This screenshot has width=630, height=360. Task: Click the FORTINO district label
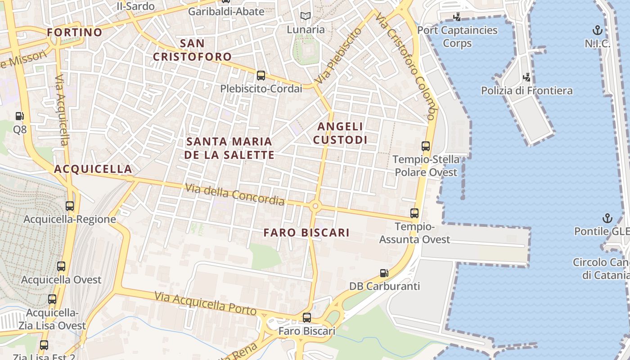tap(75, 32)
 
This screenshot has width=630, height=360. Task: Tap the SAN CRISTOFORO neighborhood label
tap(192, 50)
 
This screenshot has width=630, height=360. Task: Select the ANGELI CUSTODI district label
tap(340, 133)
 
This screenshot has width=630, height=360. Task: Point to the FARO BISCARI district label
tap(306, 233)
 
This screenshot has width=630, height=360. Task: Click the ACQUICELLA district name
tap(93, 169)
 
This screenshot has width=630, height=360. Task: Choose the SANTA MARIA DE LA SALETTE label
tap(229, 148)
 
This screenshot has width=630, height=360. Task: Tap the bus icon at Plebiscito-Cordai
tap(261, 76)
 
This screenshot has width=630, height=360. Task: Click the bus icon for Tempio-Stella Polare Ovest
tap(426, 146)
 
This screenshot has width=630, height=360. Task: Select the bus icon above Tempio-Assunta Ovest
tap(414, 213)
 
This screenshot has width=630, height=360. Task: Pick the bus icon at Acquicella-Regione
tap(70, 206)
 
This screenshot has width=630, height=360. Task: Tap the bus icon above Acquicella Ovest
tap(61, 266)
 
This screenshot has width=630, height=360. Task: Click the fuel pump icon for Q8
tap(19, 117)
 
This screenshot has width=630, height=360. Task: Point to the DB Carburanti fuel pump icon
tap(384, 273)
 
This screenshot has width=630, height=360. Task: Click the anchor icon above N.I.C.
tap(597, 31)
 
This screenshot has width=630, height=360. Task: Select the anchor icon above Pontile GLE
tap(607, 218)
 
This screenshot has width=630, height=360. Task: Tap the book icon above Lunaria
tap(306, 16)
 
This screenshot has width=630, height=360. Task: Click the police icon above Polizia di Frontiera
tap(526, 77)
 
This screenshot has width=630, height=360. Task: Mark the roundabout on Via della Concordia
tap(315, 207)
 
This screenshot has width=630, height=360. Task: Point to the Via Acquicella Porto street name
tap(205, 303)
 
